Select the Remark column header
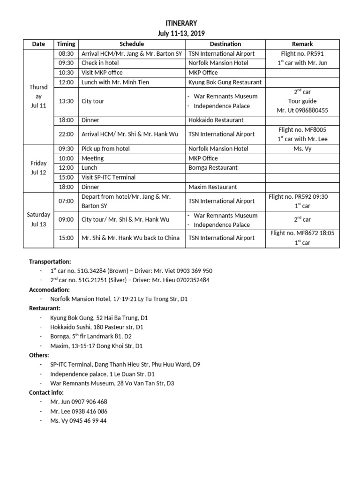pyautogui.click(x=302, y=44)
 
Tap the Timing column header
pyautogui.click(x=66, y=44)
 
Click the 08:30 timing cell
pyautogui.click(x=66, y=53)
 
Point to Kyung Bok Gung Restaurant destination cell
pyautogui.click(x=225, y=82)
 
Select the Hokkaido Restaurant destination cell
pyautogui.click(x=216, y=120)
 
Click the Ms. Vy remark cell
pyautogui.click(x=302, y=149)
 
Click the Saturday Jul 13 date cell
pyautogui.click(x=39, y=219)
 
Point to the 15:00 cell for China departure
pyautogui.click(x=66, y=238)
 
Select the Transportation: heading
pyautogui.click(x=50, y=262)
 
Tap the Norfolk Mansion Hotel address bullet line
pyautogui.click(x=119, y=299)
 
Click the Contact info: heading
pyautogui.click(x=46, y=393)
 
